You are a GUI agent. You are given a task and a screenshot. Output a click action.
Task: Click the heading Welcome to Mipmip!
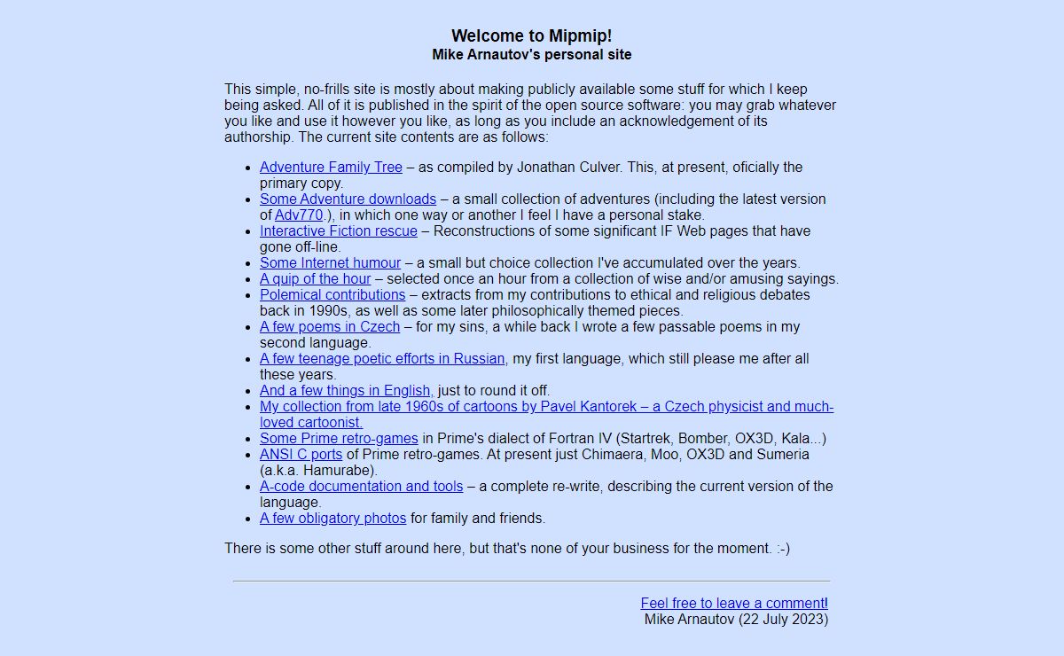[x=531, y=36]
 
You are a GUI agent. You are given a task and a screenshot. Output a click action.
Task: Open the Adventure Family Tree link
[x=331, y=168]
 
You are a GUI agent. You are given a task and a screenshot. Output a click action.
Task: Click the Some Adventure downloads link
[x=348, y=199]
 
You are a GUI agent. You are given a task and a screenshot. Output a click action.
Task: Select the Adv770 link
[x=299, y=215]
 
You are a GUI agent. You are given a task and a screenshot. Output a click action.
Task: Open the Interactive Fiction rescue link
[x=338, y=231]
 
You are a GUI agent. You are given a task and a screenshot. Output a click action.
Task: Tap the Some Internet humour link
[x=330, y=263]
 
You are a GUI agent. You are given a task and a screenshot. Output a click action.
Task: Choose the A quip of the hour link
[x=315, y=279]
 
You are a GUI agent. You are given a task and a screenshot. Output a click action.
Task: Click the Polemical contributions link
[x=332, y=295]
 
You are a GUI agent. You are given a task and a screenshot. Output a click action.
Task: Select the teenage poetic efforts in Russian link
[x=382, y=359]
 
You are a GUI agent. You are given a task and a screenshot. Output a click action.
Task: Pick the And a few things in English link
[x=346, y=391]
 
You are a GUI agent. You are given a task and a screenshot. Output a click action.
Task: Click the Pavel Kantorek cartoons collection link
[x=546, y=407]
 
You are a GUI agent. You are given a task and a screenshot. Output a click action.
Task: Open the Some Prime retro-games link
[x=339, y=439]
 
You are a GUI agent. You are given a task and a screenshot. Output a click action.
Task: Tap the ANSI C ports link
[x=301, y=455]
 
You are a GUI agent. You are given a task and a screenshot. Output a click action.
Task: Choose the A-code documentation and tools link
[x=361, y=487]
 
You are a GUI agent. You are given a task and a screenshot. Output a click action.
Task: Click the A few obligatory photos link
[x=332, y=519]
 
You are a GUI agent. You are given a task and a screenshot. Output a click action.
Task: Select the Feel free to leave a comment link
[x=733, y=604]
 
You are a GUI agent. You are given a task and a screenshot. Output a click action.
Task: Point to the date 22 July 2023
[x=783, y=620]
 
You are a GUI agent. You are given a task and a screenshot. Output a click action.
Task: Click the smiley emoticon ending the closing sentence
[x=782, y=549]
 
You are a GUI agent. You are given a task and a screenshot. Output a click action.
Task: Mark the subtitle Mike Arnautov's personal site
[x=531, y=55]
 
